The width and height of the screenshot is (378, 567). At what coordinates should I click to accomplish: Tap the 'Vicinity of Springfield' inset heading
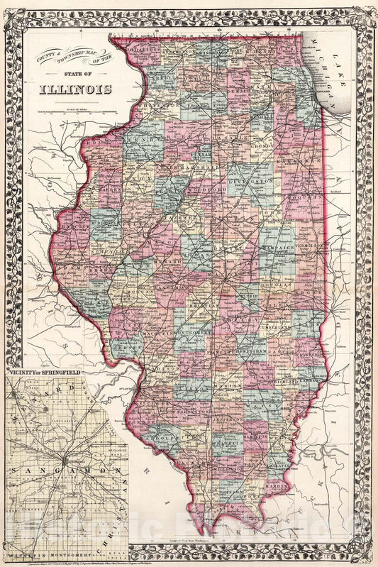click(44, 372)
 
